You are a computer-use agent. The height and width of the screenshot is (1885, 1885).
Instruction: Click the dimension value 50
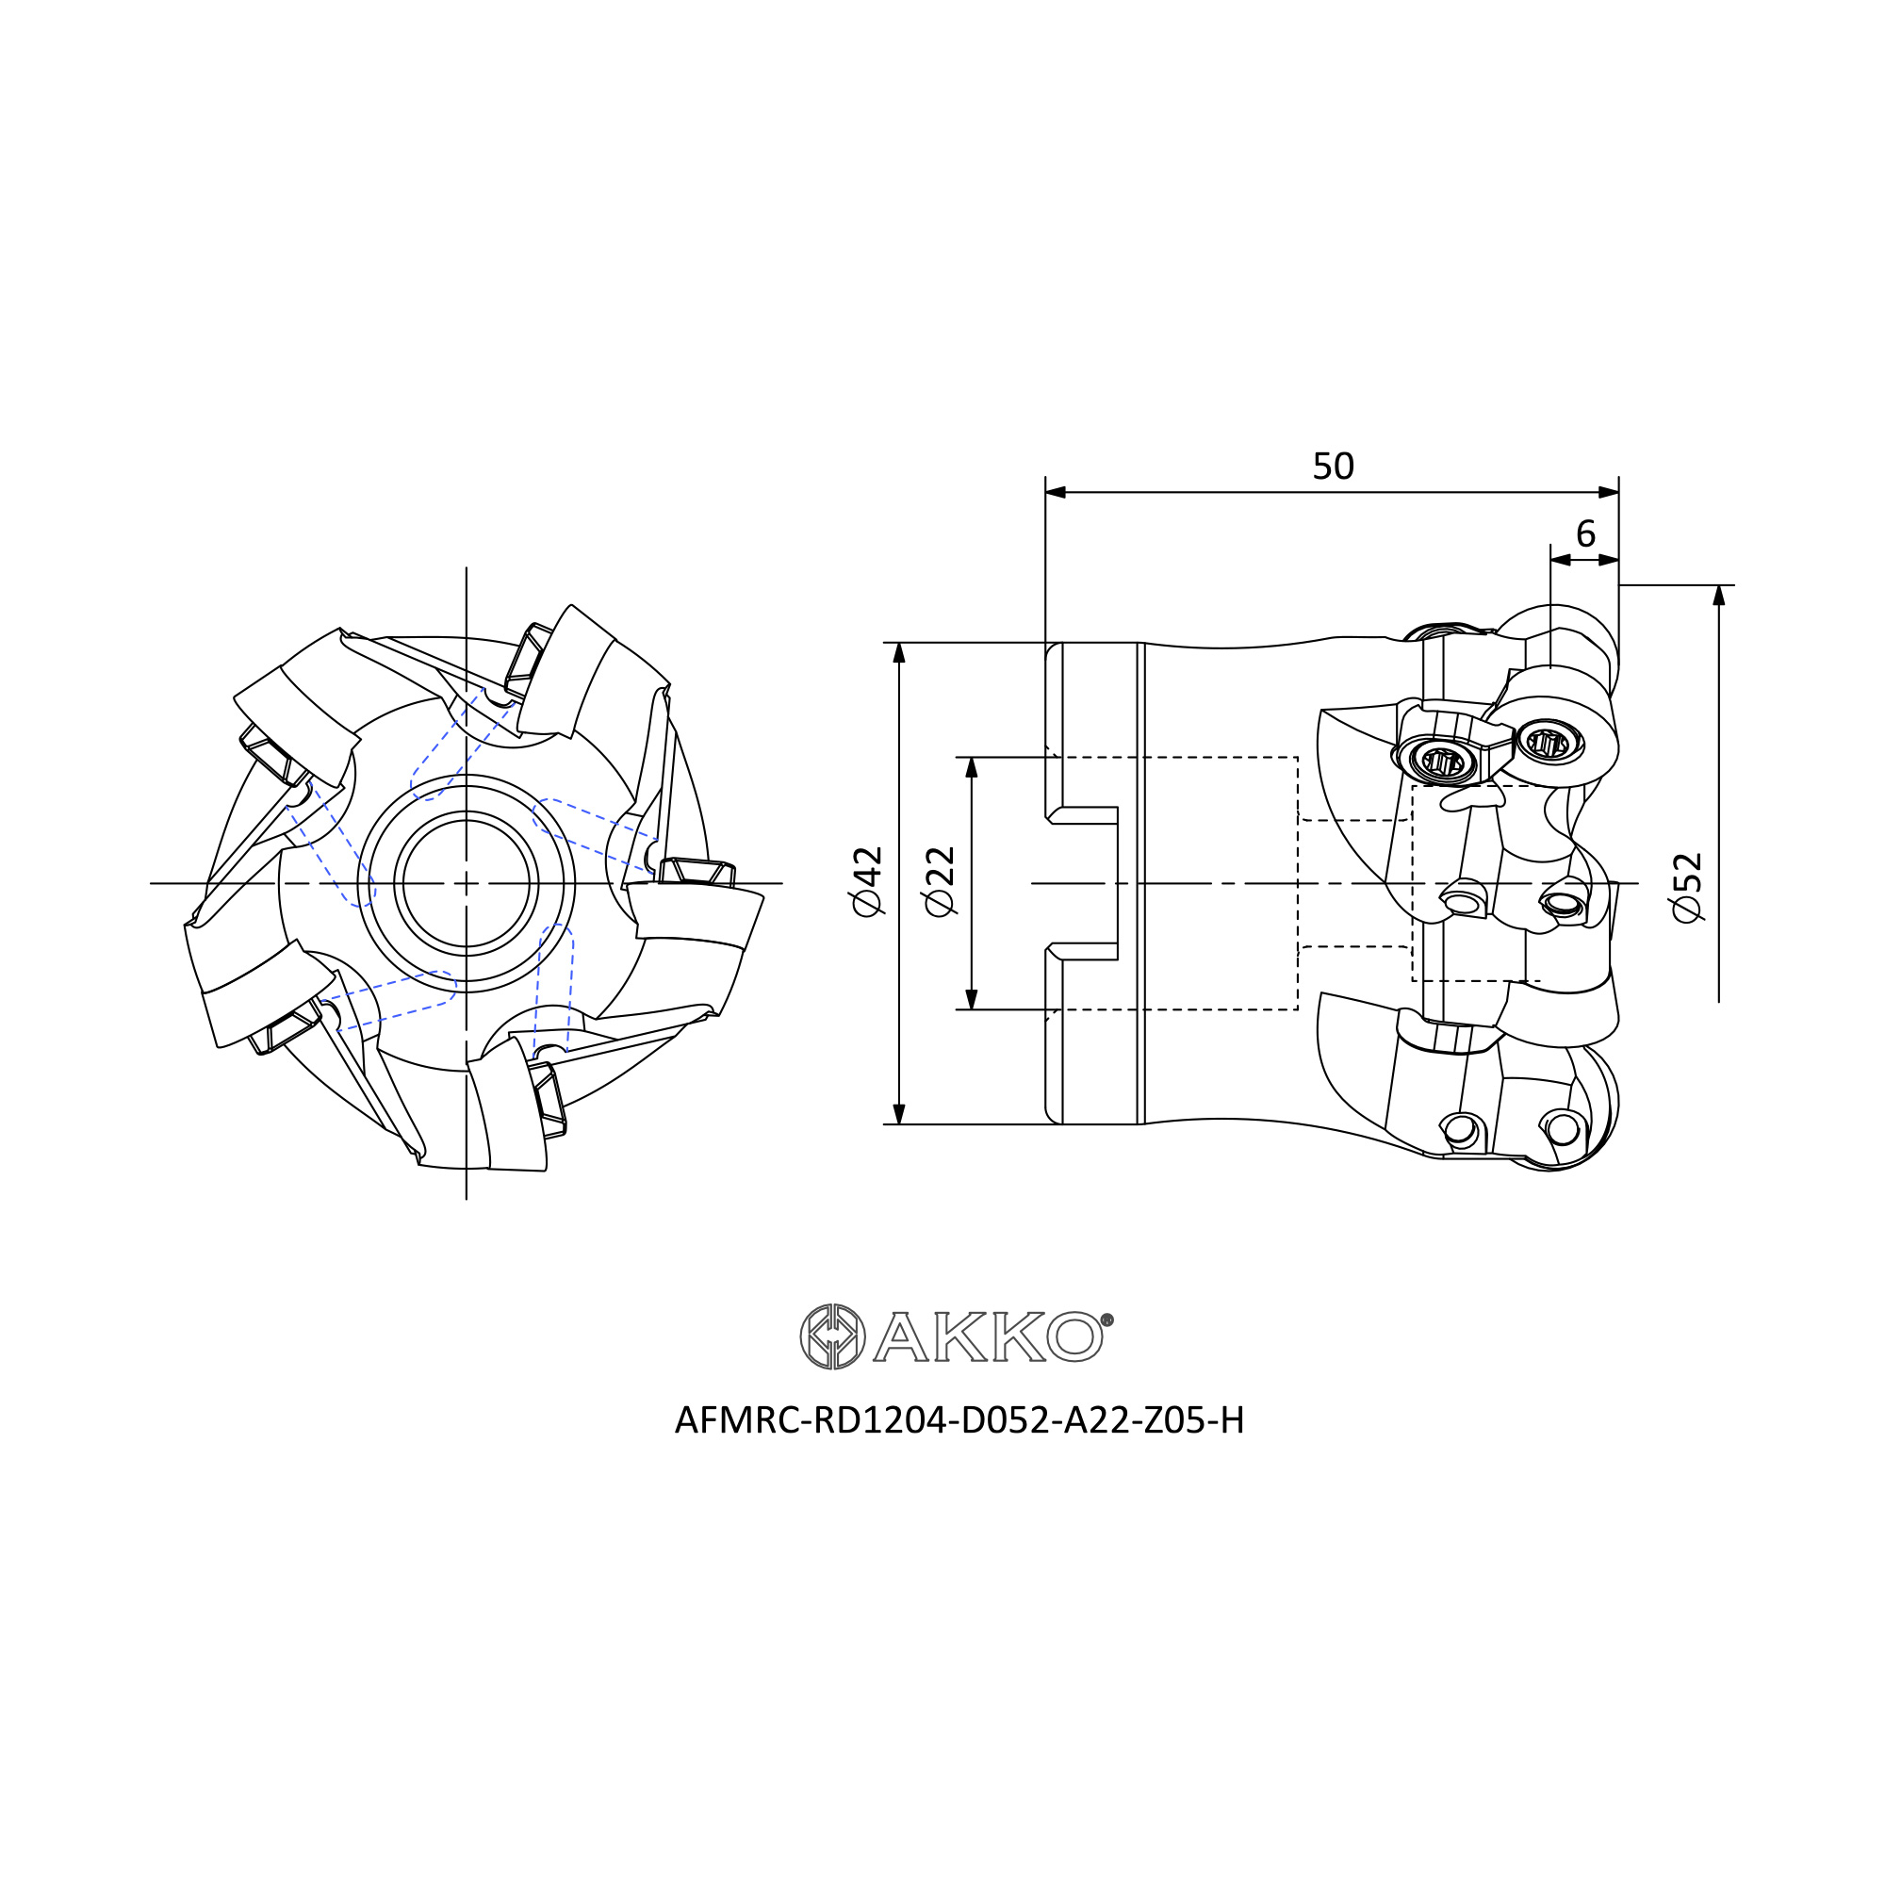(x=1333, y=467)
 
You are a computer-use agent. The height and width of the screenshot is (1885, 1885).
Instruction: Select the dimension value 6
(x=1585, y=533)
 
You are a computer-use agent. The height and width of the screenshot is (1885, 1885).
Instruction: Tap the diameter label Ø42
(x=867, y=882)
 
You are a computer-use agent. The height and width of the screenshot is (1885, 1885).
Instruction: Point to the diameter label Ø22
(x=941, y=882)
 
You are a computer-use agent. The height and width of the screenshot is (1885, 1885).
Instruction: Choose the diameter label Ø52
(x=1687, y=887)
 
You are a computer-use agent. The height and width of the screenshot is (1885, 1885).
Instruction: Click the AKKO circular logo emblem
(x=832, y=1336)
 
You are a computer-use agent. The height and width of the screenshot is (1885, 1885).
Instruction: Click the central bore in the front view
(x=467, y=883)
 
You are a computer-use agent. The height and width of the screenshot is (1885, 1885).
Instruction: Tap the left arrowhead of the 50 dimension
(x=1056, y=493)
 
